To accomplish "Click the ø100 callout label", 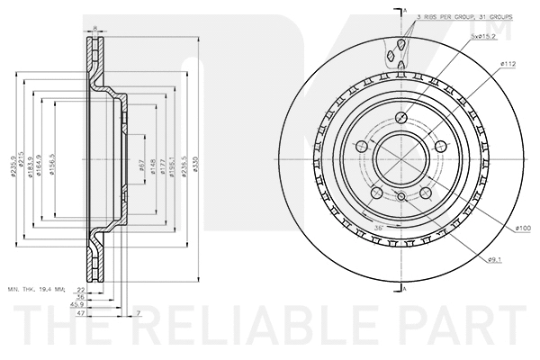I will coord(523,229).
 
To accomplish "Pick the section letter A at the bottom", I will coord(405,287).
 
